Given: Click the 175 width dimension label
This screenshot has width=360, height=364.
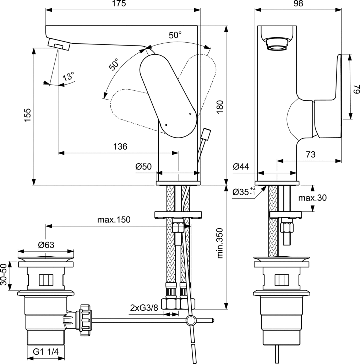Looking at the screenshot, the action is tap(119, 4).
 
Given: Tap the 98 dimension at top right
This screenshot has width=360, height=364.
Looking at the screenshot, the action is tap(298, 4).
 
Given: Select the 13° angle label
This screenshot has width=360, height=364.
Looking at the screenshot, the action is tap(69, 76).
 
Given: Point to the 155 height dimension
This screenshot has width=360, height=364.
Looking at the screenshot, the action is tap(28, 115).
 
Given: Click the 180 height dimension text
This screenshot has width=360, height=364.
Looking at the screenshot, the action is tap(220, 107).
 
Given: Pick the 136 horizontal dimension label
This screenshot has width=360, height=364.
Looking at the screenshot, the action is tap(120, 146).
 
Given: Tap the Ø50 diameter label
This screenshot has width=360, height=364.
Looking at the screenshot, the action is tap(144, 166).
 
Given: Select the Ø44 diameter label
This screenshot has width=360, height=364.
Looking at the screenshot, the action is tap(241, 166).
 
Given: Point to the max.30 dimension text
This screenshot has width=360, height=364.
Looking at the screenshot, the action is tap(312, 198).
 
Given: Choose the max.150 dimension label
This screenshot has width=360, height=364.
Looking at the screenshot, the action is tap(114, 219).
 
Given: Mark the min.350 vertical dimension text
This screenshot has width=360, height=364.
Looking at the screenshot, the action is tap(220, 243).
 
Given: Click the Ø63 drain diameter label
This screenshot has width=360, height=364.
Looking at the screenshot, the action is tap(46, 245).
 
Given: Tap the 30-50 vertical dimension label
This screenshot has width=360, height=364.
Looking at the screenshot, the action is tap(4, 274).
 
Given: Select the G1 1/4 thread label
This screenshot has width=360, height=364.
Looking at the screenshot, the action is tap(46, 352).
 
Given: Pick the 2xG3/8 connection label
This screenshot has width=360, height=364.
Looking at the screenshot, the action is tap(144, 308).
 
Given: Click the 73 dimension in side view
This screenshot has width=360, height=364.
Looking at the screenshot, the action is tap(311, 154).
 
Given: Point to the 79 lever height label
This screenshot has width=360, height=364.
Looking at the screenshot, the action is tap(356, 89).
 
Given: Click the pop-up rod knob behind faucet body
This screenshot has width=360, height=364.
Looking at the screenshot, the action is tap(206, 134).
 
